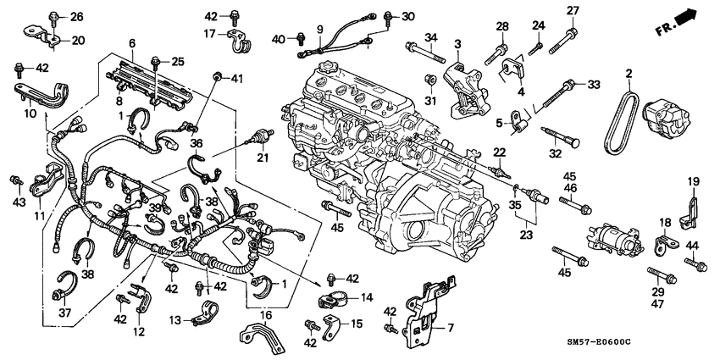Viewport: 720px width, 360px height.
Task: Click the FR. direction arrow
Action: coord(684,19)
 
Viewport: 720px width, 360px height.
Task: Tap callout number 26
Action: coord(76,17)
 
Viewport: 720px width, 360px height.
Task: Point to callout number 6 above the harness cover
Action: coord(131,43)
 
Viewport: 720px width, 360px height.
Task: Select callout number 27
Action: coord(572,10)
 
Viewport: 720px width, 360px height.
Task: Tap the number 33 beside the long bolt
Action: coord(593,84)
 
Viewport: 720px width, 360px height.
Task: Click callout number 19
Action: coord(693,181)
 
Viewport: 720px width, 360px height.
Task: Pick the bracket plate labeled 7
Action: coord(427,318)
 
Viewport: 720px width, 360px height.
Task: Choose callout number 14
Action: coord(367,297)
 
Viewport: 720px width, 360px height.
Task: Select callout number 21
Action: coord(262,158)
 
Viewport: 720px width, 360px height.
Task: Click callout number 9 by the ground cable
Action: coord(319,30)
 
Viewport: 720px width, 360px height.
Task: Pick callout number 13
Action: coord(175,319)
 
